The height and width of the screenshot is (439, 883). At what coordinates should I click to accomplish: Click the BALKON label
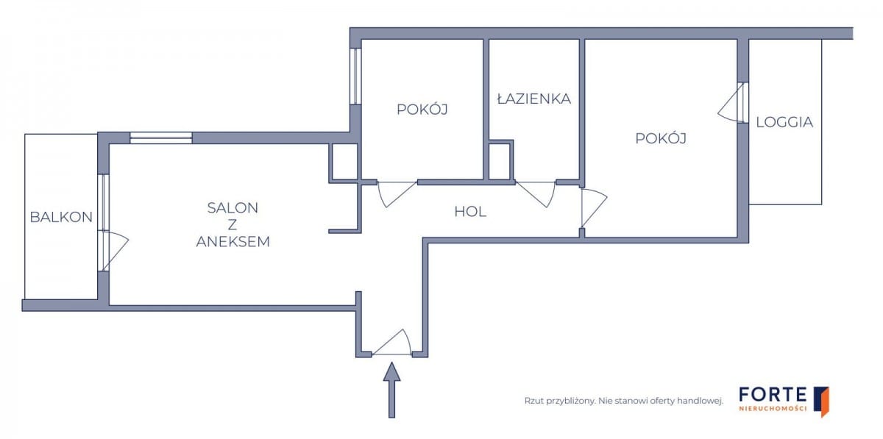pyautogui.click(x=61, y=217)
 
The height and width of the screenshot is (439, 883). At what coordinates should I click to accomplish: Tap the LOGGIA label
pyautogui.click(x=784, y=122)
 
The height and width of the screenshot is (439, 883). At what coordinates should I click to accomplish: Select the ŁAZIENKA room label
pyautogui.click(x=534, y=98)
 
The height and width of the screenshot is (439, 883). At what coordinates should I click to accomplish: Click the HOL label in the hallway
pyautogui.click(x=470, y=212)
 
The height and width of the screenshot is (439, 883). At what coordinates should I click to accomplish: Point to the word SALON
pyautogui.click(x=233, y=207)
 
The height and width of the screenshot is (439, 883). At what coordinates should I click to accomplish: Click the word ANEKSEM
pyautogui.click(x=233, y=242)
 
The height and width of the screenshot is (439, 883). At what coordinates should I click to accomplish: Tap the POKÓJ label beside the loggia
pyautogui.click(x=661, y=138)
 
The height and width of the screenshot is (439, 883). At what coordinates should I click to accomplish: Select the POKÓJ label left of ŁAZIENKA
pyautogui.click(x=422, y=109)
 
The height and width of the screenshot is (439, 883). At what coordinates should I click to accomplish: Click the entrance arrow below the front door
pyautogui.click(x=391, y=390)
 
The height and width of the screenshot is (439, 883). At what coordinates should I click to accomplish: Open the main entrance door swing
pyautogui.click(x=391, y=342)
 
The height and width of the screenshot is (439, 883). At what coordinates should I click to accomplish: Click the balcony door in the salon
pyautogui.click(x=114, y=251)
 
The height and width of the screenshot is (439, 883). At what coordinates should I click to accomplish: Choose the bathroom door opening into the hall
pyautogui.click(x=536, y=194)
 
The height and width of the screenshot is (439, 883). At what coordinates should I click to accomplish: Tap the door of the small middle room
pyautogui.click(x=397, y=194)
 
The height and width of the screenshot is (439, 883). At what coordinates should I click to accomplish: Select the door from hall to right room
pyautogui.click(x=594, y=208)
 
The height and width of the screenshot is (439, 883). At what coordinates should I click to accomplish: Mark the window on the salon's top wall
pyautogui.click(x=161, y=138)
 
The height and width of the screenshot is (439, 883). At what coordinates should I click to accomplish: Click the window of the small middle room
pyautogui.click(x=355, y=76)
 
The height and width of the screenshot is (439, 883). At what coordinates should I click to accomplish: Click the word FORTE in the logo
pyautogui.click(x=773, y=394)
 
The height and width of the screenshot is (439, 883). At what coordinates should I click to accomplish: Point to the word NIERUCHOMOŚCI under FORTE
pyautogui.click(x=773, y=409)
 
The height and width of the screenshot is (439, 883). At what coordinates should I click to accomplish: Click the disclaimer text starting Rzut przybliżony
pyautogui.click(x=624, y=401)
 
